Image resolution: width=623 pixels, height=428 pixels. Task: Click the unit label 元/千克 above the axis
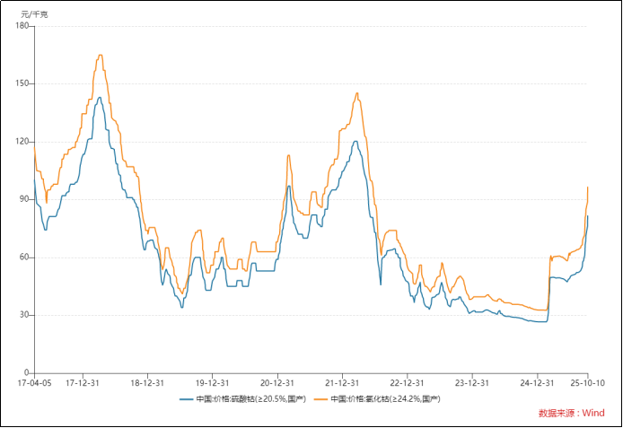(34, 14)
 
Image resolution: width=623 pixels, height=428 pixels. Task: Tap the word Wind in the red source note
(593, 414)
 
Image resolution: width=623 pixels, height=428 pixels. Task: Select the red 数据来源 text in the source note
(557, 414)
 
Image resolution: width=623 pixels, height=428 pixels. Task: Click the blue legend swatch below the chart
(186, 399)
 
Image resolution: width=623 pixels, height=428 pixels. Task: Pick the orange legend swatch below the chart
(320, 399)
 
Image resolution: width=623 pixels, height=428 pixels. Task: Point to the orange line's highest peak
(100, 56)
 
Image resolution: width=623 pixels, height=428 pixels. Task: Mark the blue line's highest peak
(100, 97)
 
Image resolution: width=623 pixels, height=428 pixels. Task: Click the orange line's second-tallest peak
(356, 93)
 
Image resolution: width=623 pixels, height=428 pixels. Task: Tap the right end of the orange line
(588, 187)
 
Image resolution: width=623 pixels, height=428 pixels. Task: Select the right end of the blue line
(588, 216)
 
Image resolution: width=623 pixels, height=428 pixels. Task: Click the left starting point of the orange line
(34, 147)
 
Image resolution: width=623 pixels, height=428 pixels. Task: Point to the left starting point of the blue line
(34, 180)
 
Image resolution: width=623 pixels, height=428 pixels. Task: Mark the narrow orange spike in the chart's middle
(288, 156)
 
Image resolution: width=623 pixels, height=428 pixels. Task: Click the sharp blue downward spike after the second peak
(380, 284)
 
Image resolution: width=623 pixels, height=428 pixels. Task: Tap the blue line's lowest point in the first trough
(182, 307)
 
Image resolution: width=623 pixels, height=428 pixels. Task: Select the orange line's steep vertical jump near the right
(548, 283)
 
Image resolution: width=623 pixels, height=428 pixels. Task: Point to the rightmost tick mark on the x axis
(588, 375)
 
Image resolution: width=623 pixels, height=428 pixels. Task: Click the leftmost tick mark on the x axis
(34, 375)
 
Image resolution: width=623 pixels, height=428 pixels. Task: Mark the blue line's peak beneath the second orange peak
(356, 141)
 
